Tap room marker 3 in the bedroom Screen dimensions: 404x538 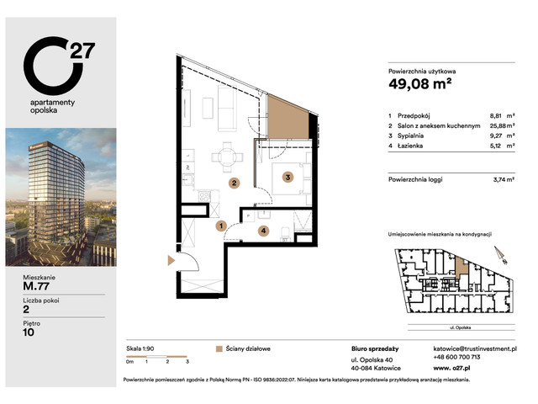(x=287, y=177)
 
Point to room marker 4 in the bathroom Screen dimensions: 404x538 (x=263, y=230)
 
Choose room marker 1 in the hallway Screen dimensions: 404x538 (x=219, y=226)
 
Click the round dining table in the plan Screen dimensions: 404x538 (x=223, y=155)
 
